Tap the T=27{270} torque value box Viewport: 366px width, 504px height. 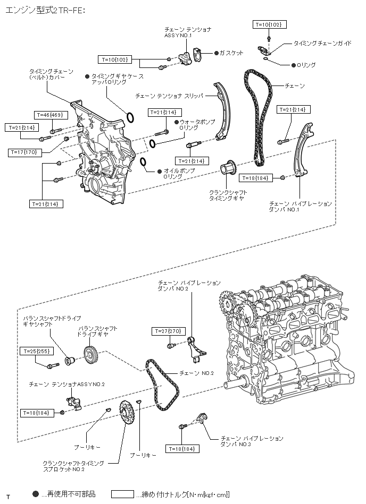coord(169,331)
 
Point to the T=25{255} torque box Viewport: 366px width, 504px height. coord(36,352)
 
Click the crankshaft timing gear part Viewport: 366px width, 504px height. coord(228,167)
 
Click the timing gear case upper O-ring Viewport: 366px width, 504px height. coord(130,118)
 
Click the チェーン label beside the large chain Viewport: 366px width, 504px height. coord(295,86)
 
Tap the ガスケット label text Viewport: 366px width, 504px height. coord(231,53)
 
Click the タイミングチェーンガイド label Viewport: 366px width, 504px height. coord(322,43)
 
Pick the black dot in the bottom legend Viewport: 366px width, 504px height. coord(36,494)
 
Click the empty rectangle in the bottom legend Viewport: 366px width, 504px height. coord(122,494)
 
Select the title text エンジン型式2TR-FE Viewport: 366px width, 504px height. coord(45,10)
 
